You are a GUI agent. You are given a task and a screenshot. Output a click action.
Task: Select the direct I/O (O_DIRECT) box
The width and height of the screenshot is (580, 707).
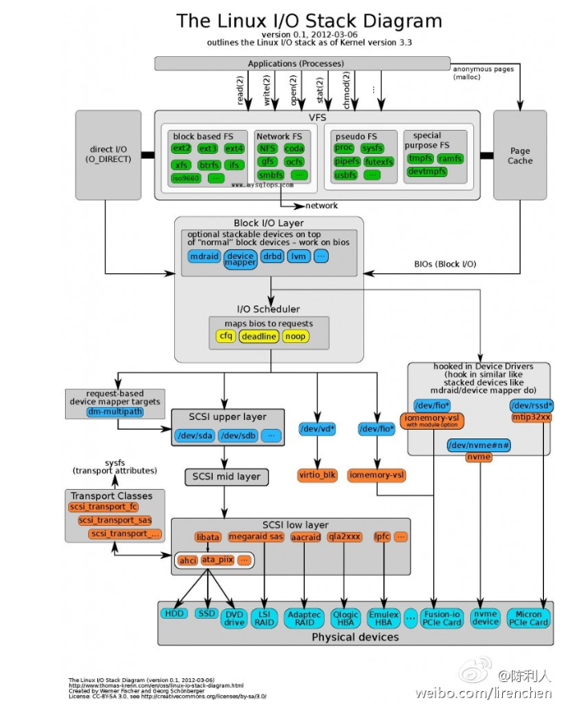(107, 155)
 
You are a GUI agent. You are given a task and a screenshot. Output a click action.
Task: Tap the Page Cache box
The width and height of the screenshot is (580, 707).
(519, 156)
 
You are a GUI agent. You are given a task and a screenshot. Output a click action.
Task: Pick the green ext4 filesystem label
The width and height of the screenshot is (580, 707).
(234, 148)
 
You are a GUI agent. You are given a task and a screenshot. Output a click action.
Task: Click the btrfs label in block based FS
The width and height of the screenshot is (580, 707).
(209, 165)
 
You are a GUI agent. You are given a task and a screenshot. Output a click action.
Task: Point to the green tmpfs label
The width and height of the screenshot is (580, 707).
(420, 159)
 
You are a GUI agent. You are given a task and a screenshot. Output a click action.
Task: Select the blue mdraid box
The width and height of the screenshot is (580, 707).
(204, 257)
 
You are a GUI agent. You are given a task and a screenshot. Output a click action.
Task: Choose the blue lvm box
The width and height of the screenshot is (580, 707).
(298, 257)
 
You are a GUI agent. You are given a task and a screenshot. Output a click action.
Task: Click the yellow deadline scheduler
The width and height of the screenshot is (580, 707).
(258, 337)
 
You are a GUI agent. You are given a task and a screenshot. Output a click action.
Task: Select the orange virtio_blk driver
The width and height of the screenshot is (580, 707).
(319, 475)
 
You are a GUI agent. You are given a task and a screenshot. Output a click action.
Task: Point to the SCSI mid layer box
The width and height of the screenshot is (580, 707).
(226, 476)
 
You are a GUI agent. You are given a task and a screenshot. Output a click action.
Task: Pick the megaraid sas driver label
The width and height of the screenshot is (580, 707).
(255, 536)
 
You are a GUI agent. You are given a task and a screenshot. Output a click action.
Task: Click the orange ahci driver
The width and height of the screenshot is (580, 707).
(187, 560)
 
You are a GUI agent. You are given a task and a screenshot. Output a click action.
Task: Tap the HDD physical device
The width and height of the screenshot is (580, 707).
(173, 613)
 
